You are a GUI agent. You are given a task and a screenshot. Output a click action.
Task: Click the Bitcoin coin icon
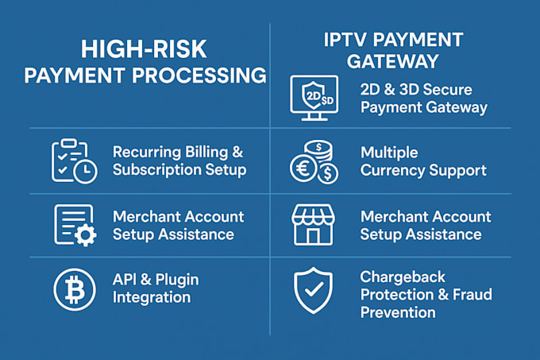pyautogui.click(x=73, y=289)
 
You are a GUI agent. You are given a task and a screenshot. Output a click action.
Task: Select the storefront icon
pyautogui.click(x=313, y=225)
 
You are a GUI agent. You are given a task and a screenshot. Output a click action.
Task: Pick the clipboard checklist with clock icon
pyautogui.click(x=73, y=161)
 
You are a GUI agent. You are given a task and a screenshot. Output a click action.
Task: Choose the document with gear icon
pyautogui.click(x=73, y=225)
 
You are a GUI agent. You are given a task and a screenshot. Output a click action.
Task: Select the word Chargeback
pyautogui.click(x=403, y=277)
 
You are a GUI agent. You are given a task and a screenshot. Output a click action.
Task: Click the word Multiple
pyautogui.click(x=389, y=152)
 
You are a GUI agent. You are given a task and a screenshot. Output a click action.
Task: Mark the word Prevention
pyautogui.click(x=398, y=312)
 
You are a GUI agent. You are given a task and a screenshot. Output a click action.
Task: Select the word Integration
pyautogui.click(x=152, y=297)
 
